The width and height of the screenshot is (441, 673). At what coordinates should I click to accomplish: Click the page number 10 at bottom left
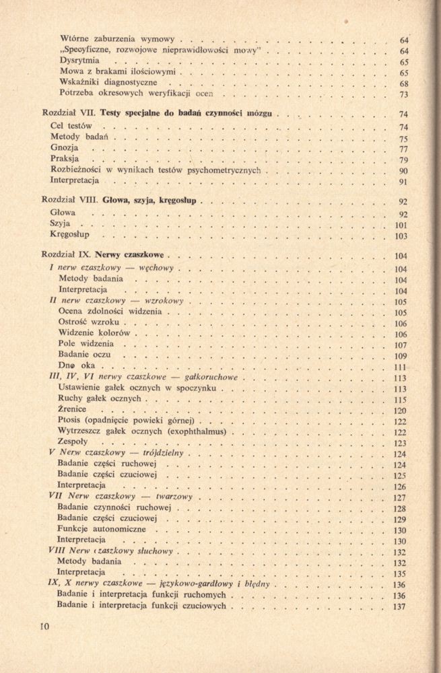pyautogui.click(x=46, y=626)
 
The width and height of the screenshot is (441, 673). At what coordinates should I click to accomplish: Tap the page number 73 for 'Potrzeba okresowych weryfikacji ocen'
pyautogui.click(x=404, y=94)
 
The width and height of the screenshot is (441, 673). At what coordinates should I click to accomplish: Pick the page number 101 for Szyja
pyautogui.click(x=401, y=225)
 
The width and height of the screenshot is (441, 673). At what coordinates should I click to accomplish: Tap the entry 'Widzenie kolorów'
pyautogui.click(x=94, y=333)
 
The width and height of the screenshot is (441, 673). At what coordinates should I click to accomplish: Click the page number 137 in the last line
pyautogui.click(x=399, y=607)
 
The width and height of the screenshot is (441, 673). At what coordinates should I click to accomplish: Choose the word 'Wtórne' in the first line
pyautogui.click(x=77, y=39)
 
